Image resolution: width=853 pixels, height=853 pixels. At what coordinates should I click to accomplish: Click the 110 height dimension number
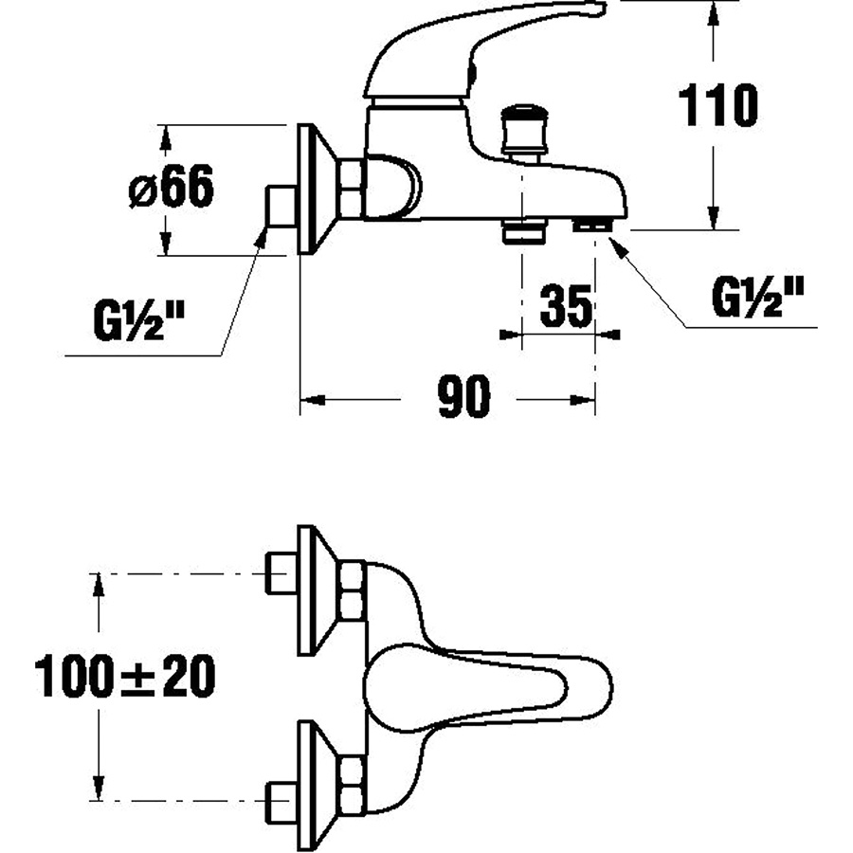pyautogui.click(x=718, y=105)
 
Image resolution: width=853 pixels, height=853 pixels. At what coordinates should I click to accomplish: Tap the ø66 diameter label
pyautogui.click(x=172, y=187)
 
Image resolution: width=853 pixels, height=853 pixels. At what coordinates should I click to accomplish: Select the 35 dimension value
pyautogui.click(x=565, y=306)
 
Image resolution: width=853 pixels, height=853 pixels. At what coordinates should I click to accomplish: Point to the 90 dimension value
pyautogui.click(x=463, y=396)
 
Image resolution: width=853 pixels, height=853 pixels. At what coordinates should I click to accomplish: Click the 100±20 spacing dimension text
pyautogui.click(x=125, y=676)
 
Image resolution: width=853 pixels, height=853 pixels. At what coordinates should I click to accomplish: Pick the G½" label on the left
pyautogui.click(x=138, y=322)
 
